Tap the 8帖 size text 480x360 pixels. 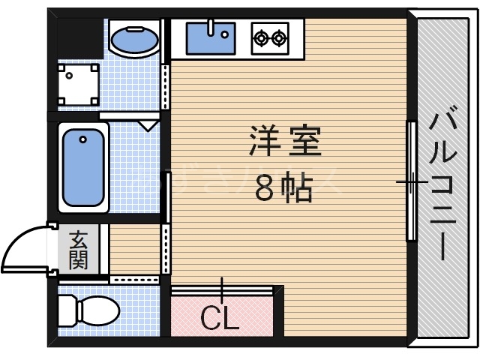[283, 190]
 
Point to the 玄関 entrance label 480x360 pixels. [79, 250]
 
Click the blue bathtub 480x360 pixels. [82, 166]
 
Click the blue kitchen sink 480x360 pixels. [209, 37]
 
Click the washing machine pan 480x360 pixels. [79, 82]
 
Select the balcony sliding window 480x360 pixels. [411, 181]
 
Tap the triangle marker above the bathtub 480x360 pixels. [148, 124]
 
